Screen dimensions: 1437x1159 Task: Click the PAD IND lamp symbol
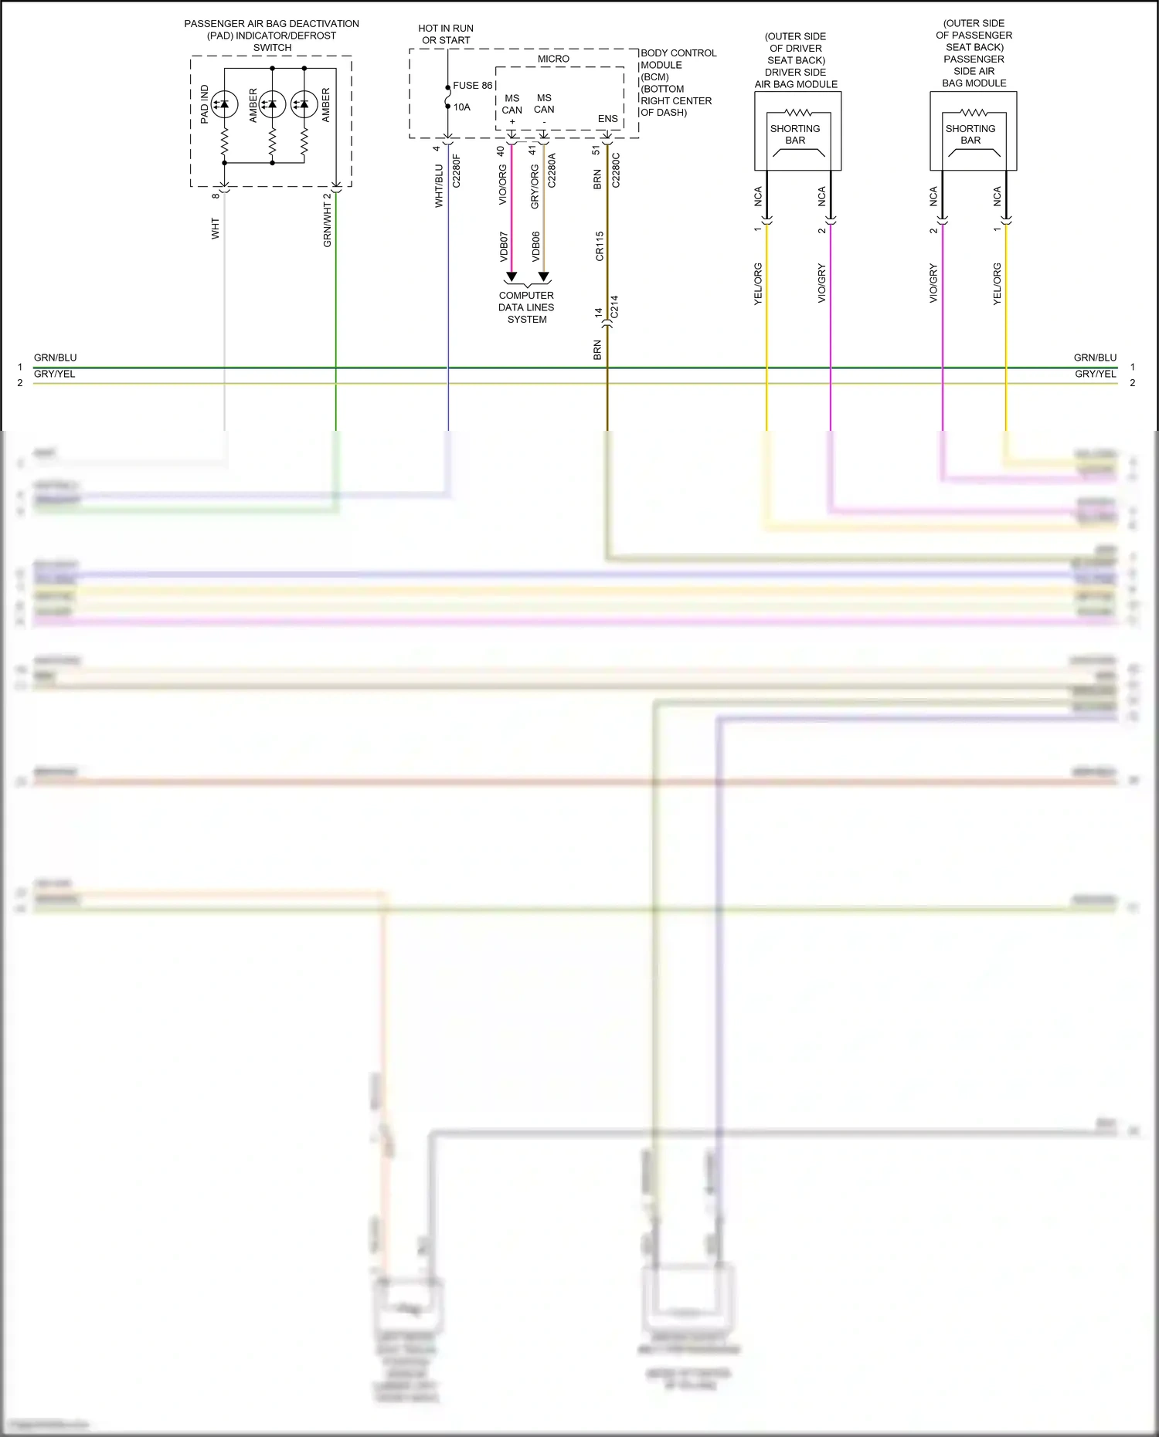pyautogui.click(x=224, y=104)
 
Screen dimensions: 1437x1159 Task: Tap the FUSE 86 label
pyautogui.click(x=472, y=86)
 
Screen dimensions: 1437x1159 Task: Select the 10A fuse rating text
pyautogui.click(x=461, y=107)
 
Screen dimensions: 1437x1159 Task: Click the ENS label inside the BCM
pyautogui.click(x=607, y=119)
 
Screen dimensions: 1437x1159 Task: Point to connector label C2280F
pyautogui.click(x=456, y=171)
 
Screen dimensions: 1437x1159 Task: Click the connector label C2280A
pyautogui.click(x=552, y=171)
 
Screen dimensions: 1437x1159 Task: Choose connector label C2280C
pyautogui.click(x=616, y=170)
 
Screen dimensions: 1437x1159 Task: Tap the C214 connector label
pyautogui.click(x=614, y=307)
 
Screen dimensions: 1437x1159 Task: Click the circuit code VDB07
pyautogui.click(x=504, y=246)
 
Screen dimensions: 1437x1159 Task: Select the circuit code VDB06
pyautogui.click(x=535, y=246)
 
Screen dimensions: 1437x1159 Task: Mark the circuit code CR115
pyautogui.click(x=600, y=246)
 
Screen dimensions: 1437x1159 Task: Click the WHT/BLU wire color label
pyautogui.click(x=439, y=185)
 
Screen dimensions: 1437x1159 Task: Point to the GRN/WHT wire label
pyautogui.click(x=327, y=225)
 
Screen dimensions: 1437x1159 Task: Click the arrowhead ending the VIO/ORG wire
pyautogui.click(x=511, y=276)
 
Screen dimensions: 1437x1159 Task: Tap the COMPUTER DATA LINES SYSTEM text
pyautogui.click(x=526, y=307)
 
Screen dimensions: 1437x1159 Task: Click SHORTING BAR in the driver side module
pyautogui.click(x=795, y=134)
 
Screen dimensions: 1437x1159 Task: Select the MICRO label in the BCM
pyautogui.click(x=553, y=59)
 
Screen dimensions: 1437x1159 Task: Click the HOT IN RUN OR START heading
pyautogui.click(x=446, y=34)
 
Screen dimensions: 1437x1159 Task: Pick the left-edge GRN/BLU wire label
pyautogui.click(x=55, y=358)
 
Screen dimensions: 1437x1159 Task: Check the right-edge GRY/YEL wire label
pyautogui.click(x=1095, y=374)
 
